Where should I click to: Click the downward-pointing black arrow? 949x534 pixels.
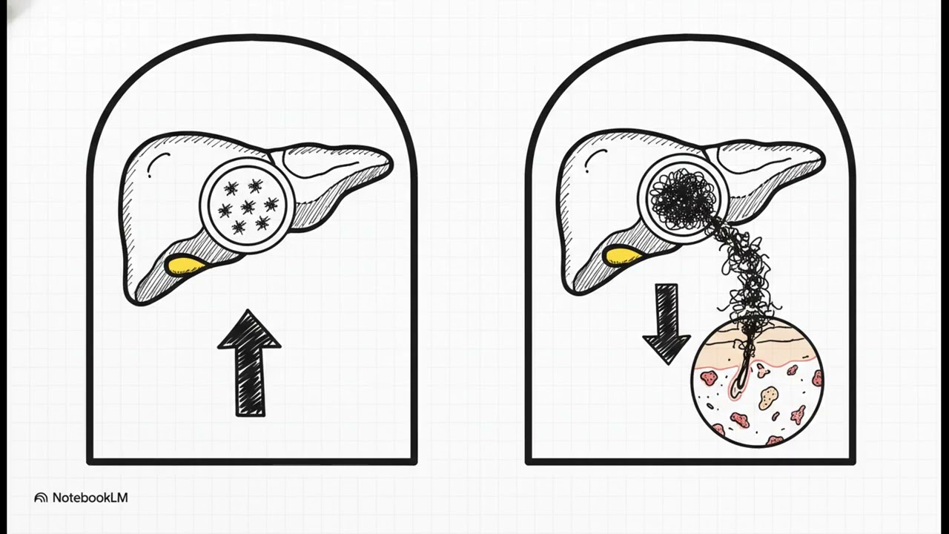pyautogui.click(x=667, y=322)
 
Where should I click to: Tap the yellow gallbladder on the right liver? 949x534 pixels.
pyautogui.click(x=622, y=257)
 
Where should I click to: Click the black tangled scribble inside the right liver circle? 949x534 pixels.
pyautogui.click(x=682, y=198)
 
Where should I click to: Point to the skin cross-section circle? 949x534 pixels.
pyautogui.click(x=758, y=381)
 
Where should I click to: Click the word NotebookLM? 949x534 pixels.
pyautogui.click(x=90, y=498)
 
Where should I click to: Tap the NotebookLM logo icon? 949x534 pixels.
pyautogui.click(x=41, y=498)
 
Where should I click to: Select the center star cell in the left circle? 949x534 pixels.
pyautogui.click(x=248, y=207)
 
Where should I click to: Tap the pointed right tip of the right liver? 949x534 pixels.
pyautogui.click(x=824, y=162)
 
